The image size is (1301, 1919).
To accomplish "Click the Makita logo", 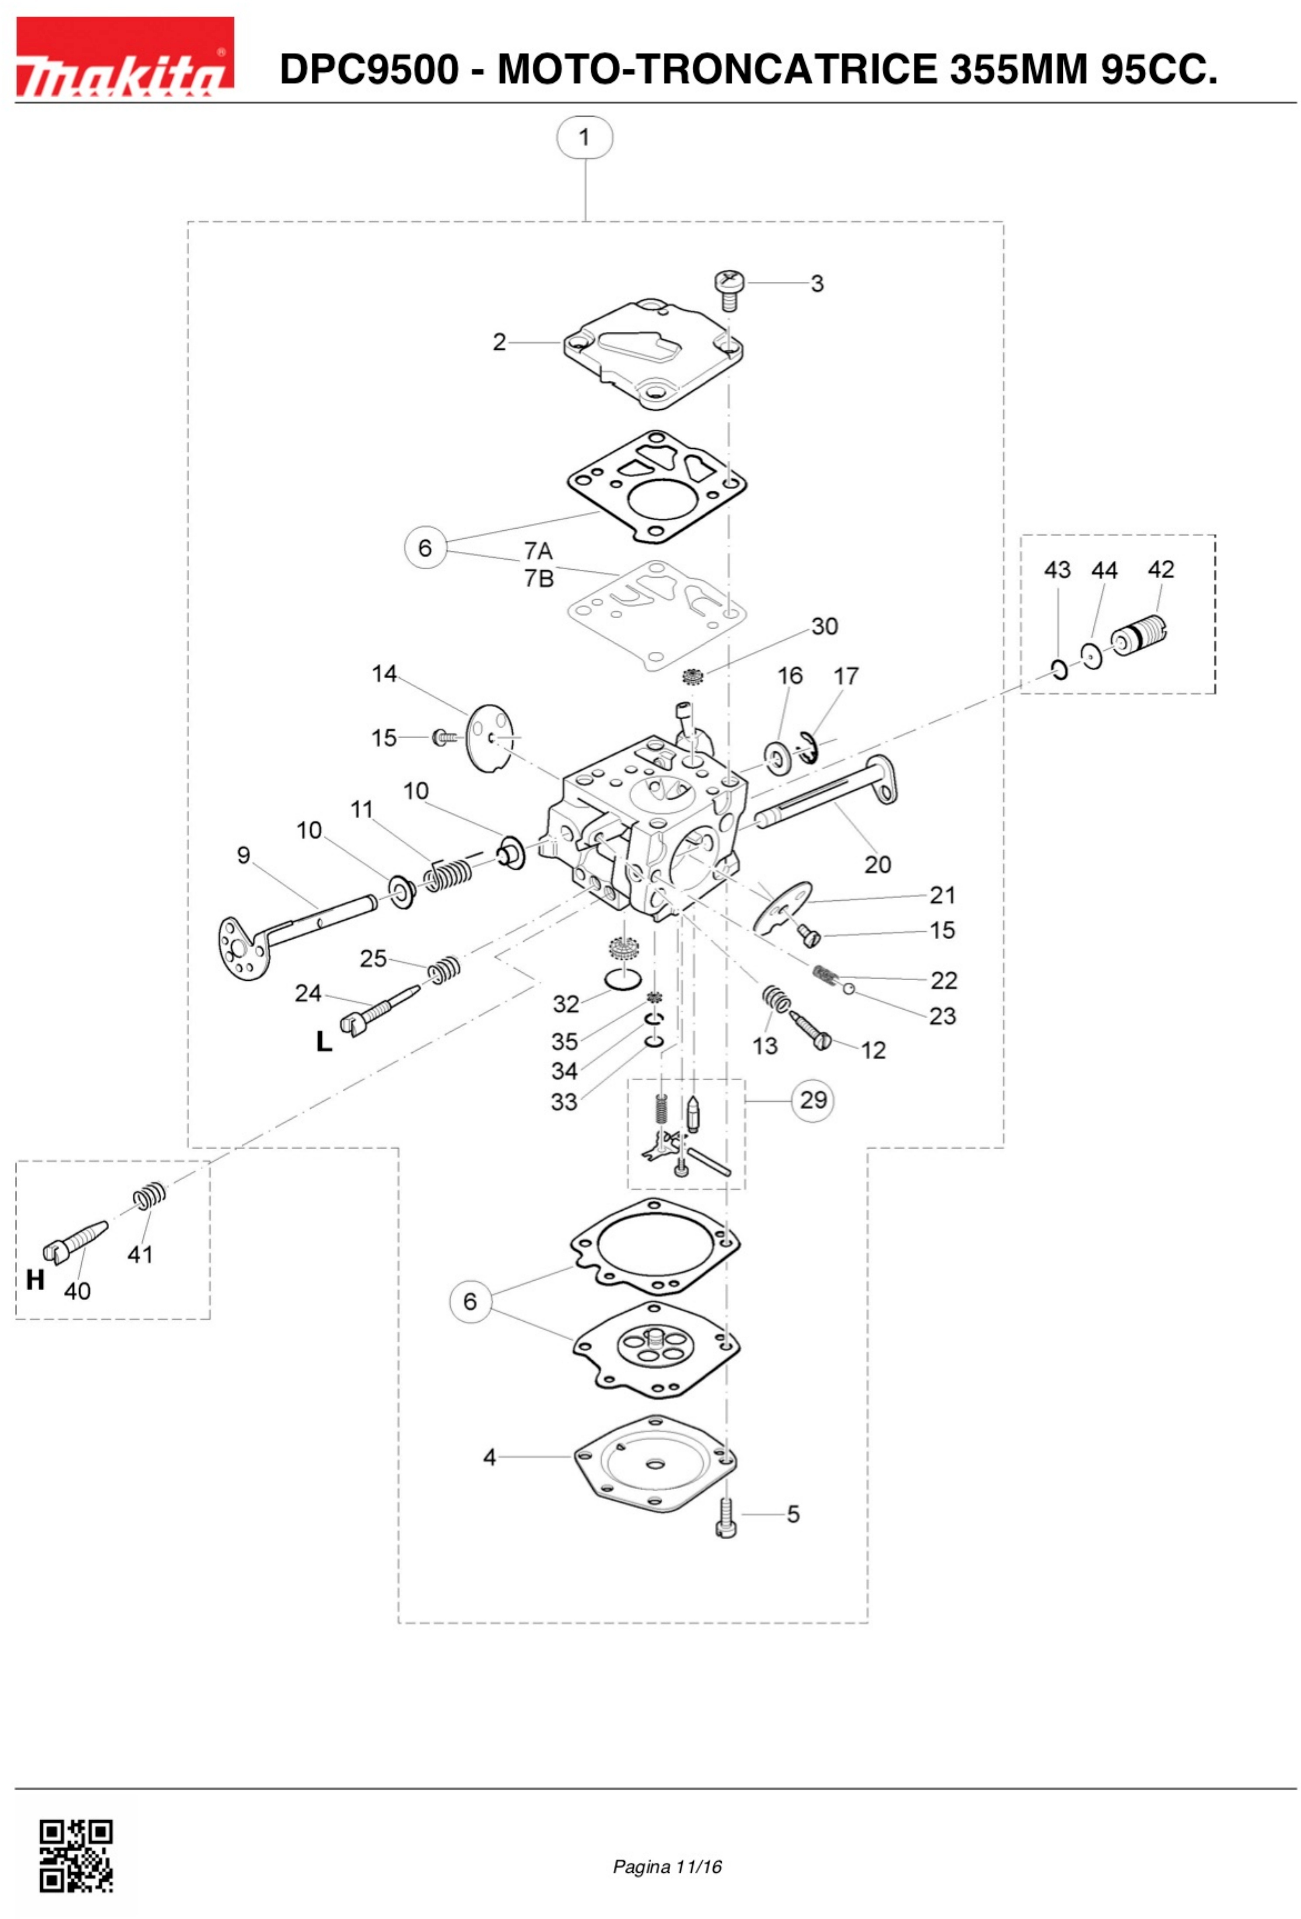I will [125, 58].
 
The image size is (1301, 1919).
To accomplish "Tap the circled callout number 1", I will [584, 137].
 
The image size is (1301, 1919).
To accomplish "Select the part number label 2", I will [499, 342].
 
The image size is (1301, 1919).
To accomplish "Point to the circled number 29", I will [813, 1100].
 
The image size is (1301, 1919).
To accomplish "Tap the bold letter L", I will [324, 1041].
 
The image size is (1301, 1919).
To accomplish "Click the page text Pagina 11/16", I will [667, 1866].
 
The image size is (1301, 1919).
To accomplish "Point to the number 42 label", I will [1161, 570].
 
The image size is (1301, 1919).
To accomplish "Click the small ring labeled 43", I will [1060, 669].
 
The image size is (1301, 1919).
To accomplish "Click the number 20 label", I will [877, 864].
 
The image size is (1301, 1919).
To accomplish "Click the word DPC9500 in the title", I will [369, 69].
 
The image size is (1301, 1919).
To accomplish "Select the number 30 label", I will [824, 627].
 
